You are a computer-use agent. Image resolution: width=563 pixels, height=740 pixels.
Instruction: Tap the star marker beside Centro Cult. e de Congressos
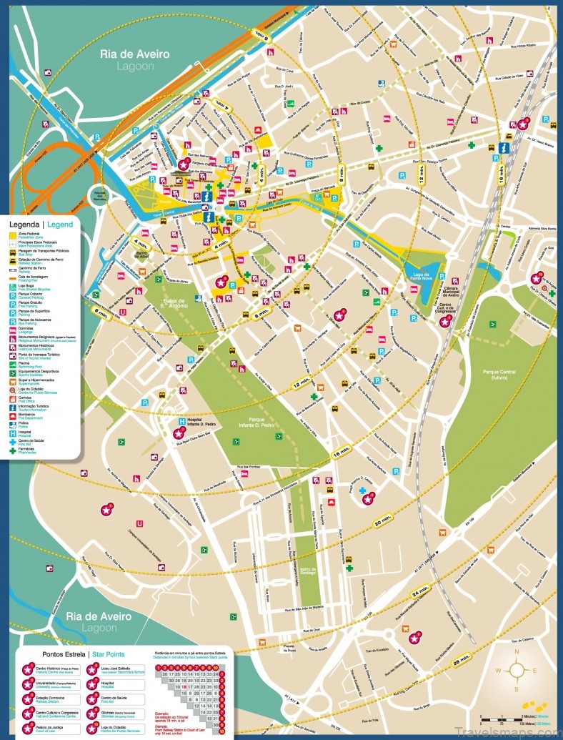click(445, 322)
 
